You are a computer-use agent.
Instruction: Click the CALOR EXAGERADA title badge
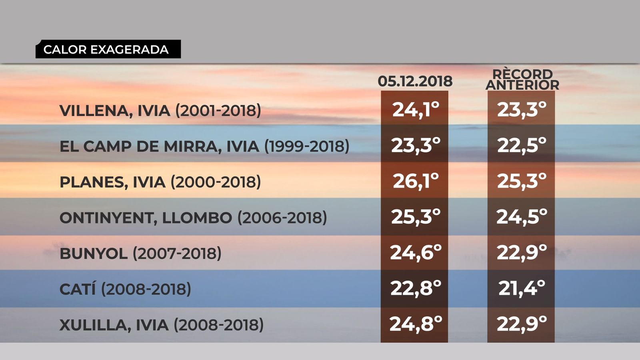(x=108, y=49)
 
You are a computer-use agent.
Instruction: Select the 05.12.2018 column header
(x=415, y=81)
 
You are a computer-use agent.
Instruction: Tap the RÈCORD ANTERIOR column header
(x=522, y=80)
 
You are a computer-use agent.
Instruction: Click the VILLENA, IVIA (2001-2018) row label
(x=160, y=110)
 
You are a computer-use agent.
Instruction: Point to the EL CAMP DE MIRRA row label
(x=204, y=146)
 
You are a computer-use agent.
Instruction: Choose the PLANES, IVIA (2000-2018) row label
(x=160, y=182)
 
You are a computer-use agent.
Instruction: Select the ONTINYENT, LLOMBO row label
(x=193, y=218)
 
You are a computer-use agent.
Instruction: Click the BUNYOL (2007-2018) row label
(x=140, y=253)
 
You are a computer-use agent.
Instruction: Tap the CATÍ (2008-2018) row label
(x=125, y=289)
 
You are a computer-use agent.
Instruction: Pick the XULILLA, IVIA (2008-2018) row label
(x=162, y=324)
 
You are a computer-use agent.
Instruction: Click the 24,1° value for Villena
(x=415, y=109)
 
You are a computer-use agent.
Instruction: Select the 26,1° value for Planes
(x=415, y=181)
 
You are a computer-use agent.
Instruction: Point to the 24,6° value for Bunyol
(x=415, y=252)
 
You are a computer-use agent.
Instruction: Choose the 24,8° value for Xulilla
(x=415, y=324)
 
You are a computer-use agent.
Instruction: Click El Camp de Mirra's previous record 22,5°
(x=521, y=145)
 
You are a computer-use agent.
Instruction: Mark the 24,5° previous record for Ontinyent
(x=521, y=216)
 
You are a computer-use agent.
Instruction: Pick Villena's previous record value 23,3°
(x=521, y=109)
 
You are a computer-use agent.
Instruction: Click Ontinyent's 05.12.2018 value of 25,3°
(x=415, y=216)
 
